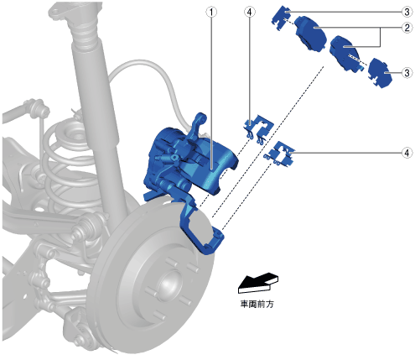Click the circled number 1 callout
(211, 12)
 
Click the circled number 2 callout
(407, 28)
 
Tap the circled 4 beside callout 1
(250, 12)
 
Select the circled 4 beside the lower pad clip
(407, 153)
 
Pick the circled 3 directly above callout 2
(407, 12)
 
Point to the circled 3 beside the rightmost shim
(407, 73)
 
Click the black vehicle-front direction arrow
(258, 283)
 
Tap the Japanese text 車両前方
(257, 304)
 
